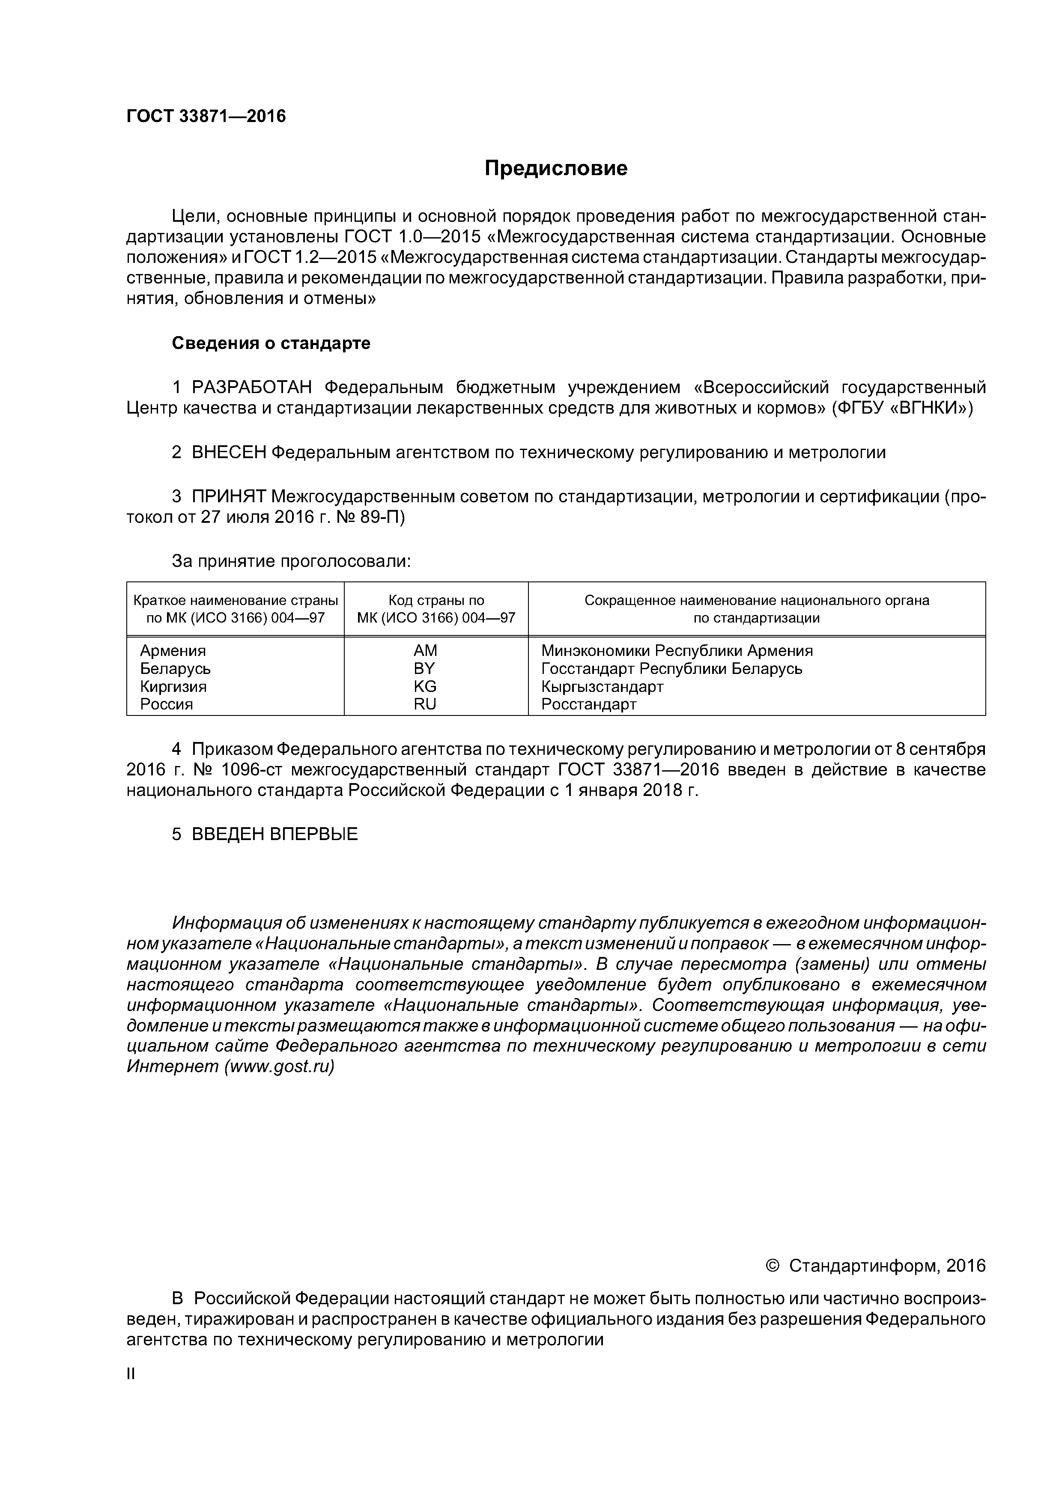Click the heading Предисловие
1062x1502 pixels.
pos(555,169)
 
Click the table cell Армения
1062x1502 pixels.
pos(173,651)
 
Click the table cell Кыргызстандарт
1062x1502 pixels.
pos(602,687)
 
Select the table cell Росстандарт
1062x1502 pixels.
pos(588,705)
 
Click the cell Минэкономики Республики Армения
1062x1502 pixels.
pos(677,651)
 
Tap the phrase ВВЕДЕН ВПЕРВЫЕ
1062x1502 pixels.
pos(275,835)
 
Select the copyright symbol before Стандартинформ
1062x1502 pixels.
pos(773,1267)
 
